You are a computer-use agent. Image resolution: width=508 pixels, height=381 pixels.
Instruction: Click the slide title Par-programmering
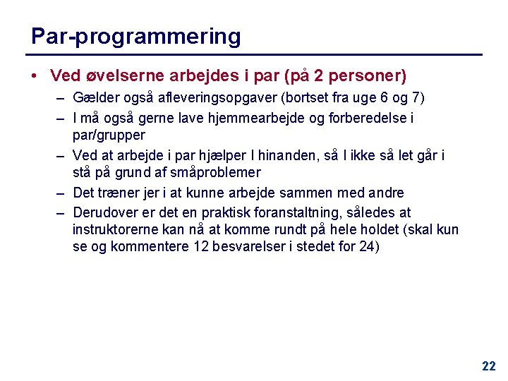tap(135, 35)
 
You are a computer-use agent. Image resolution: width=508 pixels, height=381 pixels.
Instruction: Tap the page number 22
tap(488, 365)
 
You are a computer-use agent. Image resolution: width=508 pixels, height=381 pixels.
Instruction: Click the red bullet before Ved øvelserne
tap(35, 75)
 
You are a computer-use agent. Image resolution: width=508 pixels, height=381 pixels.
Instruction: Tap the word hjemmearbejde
tap(248, 117)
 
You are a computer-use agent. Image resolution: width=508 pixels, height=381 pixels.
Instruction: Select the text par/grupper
tap(109, 135)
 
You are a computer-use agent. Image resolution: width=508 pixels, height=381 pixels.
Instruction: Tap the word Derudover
tap(104, 212)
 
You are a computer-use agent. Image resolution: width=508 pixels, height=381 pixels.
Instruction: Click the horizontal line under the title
tap(254, 55)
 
